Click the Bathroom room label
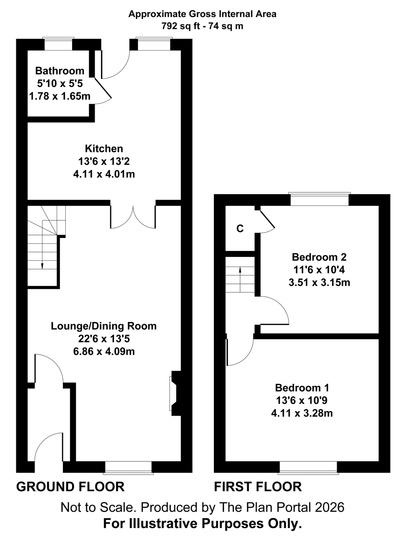point(60,71)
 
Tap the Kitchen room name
point(104,149)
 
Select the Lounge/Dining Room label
point(104,326)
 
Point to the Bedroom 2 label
point(319,257)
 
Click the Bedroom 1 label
point(302,388)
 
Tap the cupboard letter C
point(240,229)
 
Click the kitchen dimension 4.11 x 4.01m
point(104,174)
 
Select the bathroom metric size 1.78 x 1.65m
point(60,96)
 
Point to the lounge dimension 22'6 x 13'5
point(104,339)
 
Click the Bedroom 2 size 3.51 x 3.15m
point(319,283)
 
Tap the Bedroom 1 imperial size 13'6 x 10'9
point(302,400)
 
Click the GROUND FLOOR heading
point(70,487)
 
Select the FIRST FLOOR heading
point(258,487)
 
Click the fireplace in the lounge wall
point(174,393)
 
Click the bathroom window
point(58,44)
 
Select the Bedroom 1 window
point(308,468)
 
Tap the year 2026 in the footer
point(330,508)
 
